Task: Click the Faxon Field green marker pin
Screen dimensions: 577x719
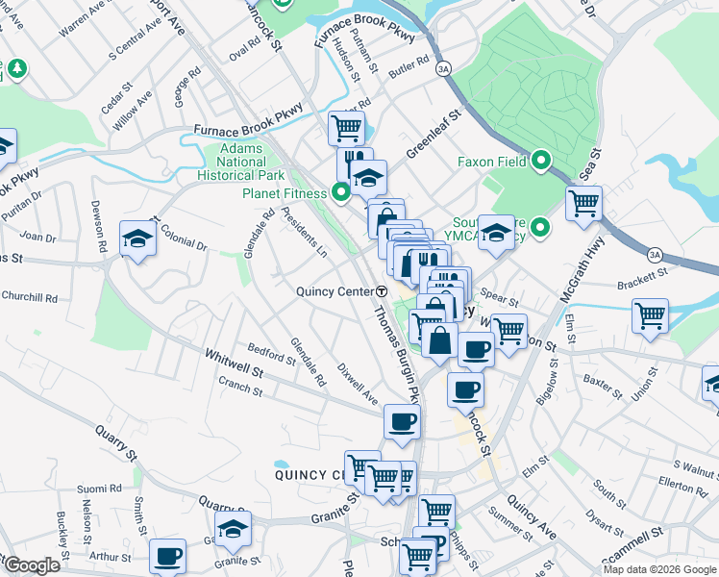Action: point(540,162)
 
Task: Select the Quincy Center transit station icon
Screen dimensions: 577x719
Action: point(382,291)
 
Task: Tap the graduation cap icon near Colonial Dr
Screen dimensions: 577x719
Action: point(137,238)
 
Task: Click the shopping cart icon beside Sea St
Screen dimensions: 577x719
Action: point(583,204)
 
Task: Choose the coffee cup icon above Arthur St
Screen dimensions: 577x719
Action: point(168,556)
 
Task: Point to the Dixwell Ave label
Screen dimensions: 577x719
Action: point(358,382)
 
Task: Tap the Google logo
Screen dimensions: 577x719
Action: point(31,565)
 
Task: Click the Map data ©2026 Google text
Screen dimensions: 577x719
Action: point(659,569)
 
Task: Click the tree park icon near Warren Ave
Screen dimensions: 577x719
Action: point(16,69)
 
